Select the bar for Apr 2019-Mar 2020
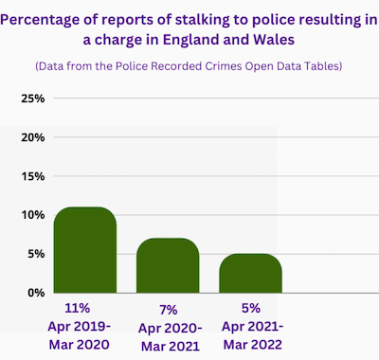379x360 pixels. click(x=85, y=250)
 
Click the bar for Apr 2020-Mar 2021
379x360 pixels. click(x=168, y=265)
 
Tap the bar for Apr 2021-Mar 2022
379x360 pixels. click(x=250, y=273)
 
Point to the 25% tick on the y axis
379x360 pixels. click(x=33, y=99)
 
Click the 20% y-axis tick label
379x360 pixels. click(x=33, y=137)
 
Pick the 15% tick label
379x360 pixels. click(x=33, y=176)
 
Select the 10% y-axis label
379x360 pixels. click(x=33, y=215)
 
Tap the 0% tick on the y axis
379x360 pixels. click(x=36, y=293)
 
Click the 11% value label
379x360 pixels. click(x=78, y=308)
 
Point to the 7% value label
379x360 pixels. click(x=169, y=310)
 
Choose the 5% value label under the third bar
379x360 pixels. click(x=251, y=308)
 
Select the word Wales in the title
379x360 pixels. click(x=274, y=40)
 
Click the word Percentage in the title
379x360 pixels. click(x=40, y=21)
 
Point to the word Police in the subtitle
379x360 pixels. click(x=132, y=66)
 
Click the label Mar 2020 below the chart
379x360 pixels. click(x=80, y=344)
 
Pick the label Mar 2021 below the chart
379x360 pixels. click(x=171, y=346)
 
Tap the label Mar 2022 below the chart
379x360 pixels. click(x=253, y=344)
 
